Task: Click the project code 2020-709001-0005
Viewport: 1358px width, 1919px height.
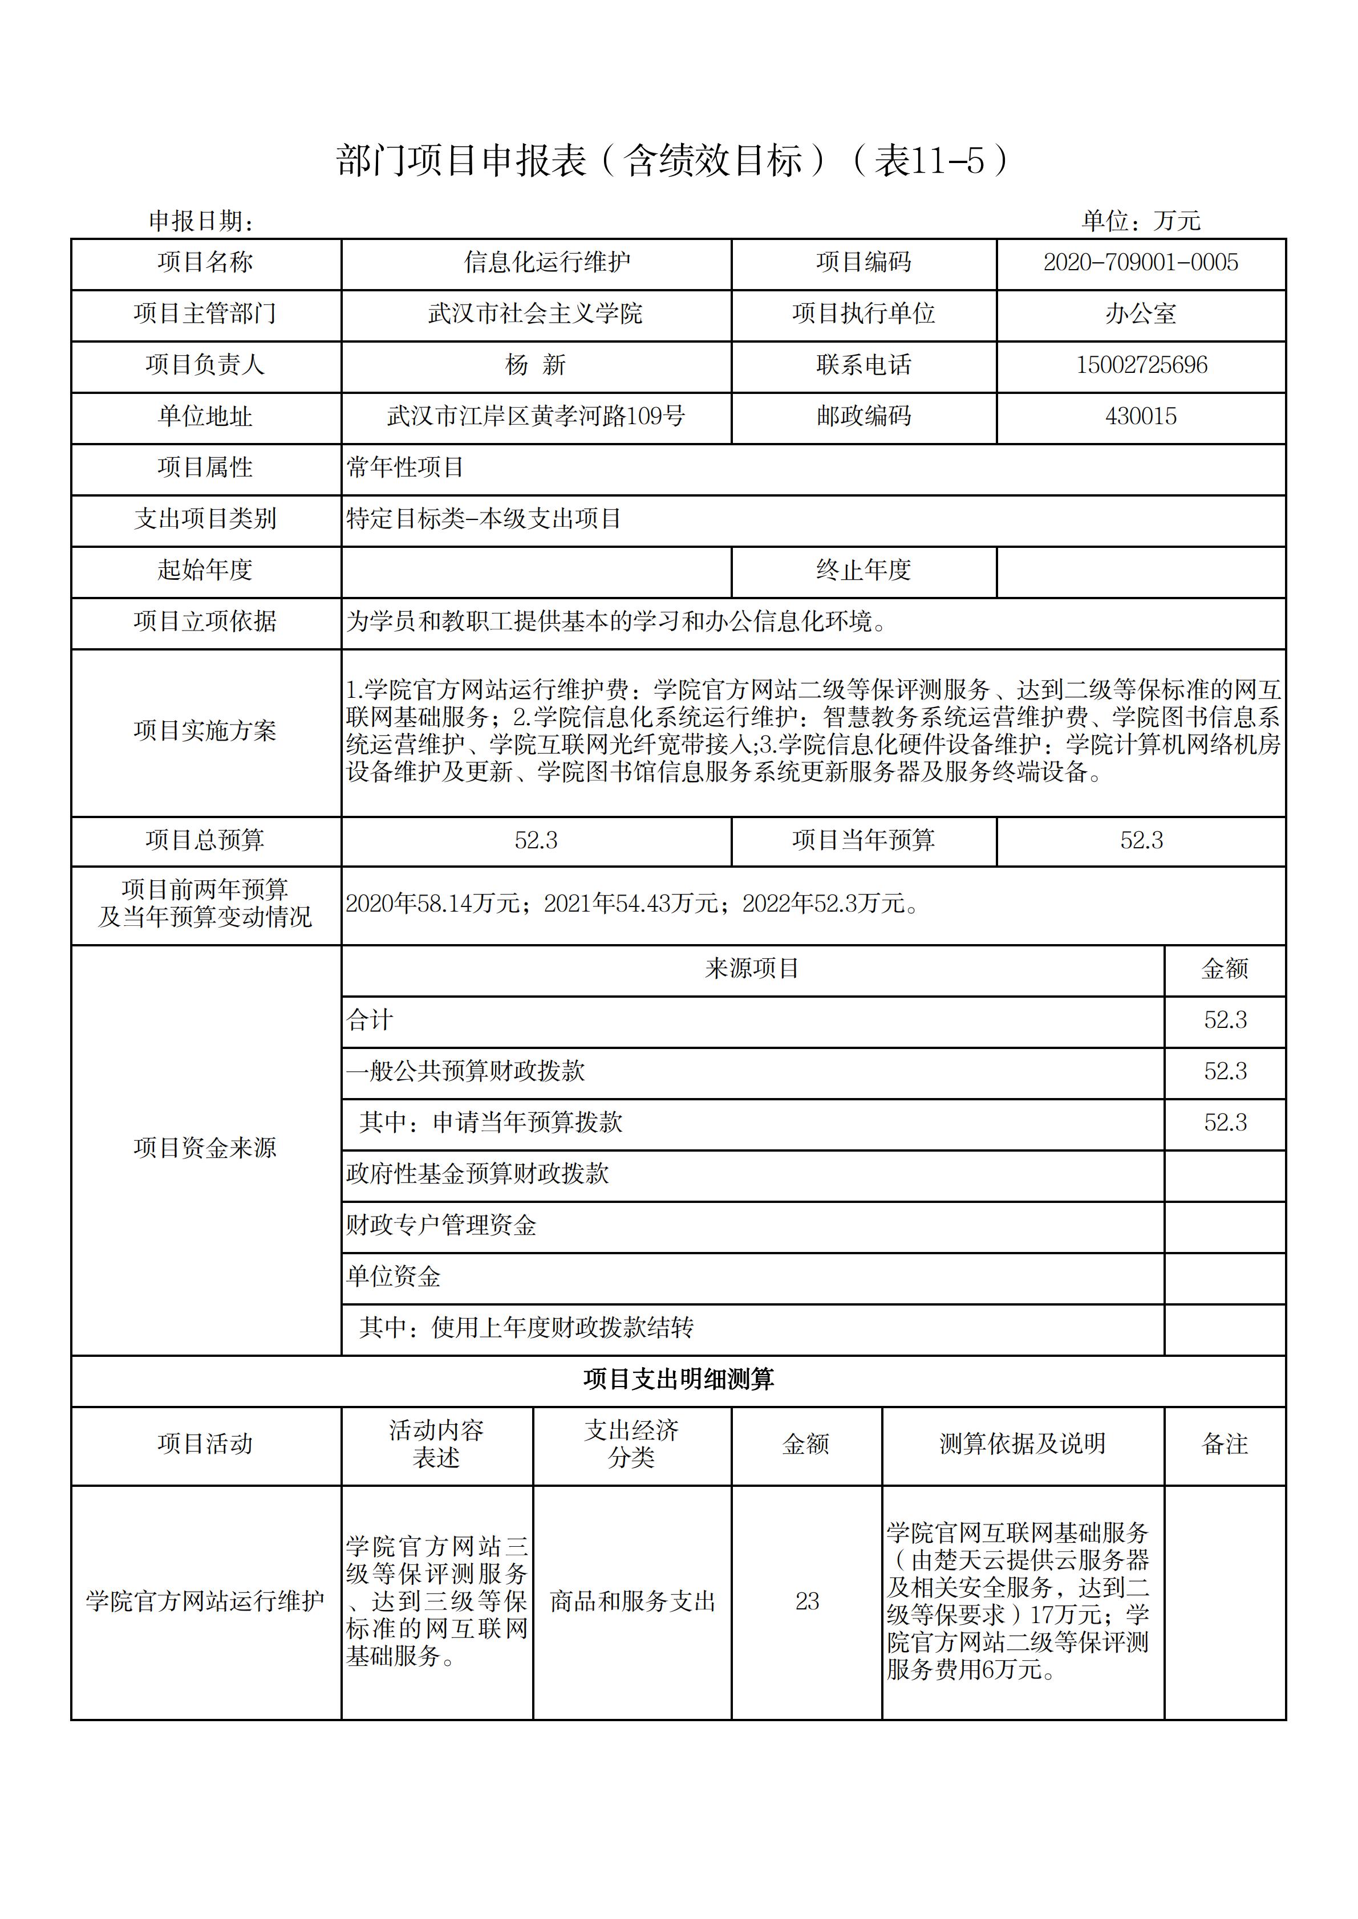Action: tap(1141, 262)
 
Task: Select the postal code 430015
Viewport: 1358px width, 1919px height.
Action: tap(1141, 416)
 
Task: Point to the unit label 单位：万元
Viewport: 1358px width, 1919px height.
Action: tap(1141, 221)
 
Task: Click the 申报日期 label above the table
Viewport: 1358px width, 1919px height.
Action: tap(201, 221)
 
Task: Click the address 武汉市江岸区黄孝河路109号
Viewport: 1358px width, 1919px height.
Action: tap(536, 416)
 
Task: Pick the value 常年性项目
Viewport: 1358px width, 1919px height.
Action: tap(406, 467)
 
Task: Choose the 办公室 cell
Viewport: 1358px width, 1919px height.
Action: tap(1141, 314)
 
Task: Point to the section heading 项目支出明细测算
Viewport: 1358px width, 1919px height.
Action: tap(678, 1379)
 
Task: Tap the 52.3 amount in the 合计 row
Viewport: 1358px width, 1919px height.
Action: tap(1225, 1021)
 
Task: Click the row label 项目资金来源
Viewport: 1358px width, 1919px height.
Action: tap(205, 1148)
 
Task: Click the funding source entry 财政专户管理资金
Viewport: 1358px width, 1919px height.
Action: tap(441, 1225)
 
